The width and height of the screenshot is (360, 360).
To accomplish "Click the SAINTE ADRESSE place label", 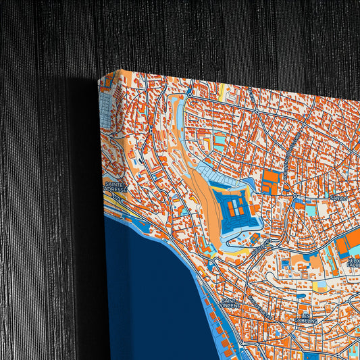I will click(116, 186).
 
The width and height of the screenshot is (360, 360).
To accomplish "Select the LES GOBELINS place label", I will click(310, 315).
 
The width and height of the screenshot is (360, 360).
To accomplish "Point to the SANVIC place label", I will click(338, 197).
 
